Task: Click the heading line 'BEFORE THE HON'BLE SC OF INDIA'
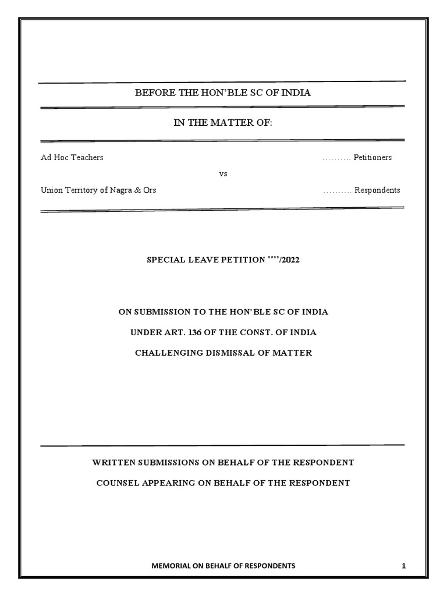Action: coord(223,93)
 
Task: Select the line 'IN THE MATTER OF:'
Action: coord(223,123)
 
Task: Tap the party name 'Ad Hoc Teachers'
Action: coord(72,158)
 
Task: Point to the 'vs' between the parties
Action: coord(223,174)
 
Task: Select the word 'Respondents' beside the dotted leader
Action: coord(377,190)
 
